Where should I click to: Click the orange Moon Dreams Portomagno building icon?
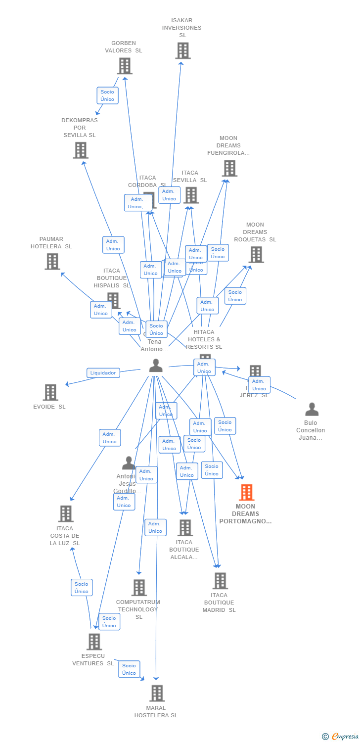coord(246,493)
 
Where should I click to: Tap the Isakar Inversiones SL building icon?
coord(182,50)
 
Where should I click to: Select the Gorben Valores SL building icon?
coord(125,66)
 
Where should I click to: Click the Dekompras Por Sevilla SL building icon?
coord(81,150)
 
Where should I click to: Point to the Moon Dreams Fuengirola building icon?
coord(229,168)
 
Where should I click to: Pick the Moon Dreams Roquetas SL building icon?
coord(256,254)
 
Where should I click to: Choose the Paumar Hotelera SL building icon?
coord(52,261)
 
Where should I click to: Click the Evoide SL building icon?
coord(50,392)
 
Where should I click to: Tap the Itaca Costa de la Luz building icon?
coord(66,514)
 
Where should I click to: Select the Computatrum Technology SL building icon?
coord(139,588)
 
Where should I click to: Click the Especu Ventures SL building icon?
coord(94,642)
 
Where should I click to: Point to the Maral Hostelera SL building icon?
coord(157,694)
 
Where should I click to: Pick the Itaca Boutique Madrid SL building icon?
coord(220,581)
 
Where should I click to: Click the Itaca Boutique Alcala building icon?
coord(185,528)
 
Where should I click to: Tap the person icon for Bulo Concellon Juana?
coord(312,410)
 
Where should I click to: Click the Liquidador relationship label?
coord(103,373)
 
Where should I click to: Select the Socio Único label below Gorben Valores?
coord(107,95)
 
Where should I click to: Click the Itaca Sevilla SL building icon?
coord(191,195)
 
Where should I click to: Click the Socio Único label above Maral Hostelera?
coord(129,669)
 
